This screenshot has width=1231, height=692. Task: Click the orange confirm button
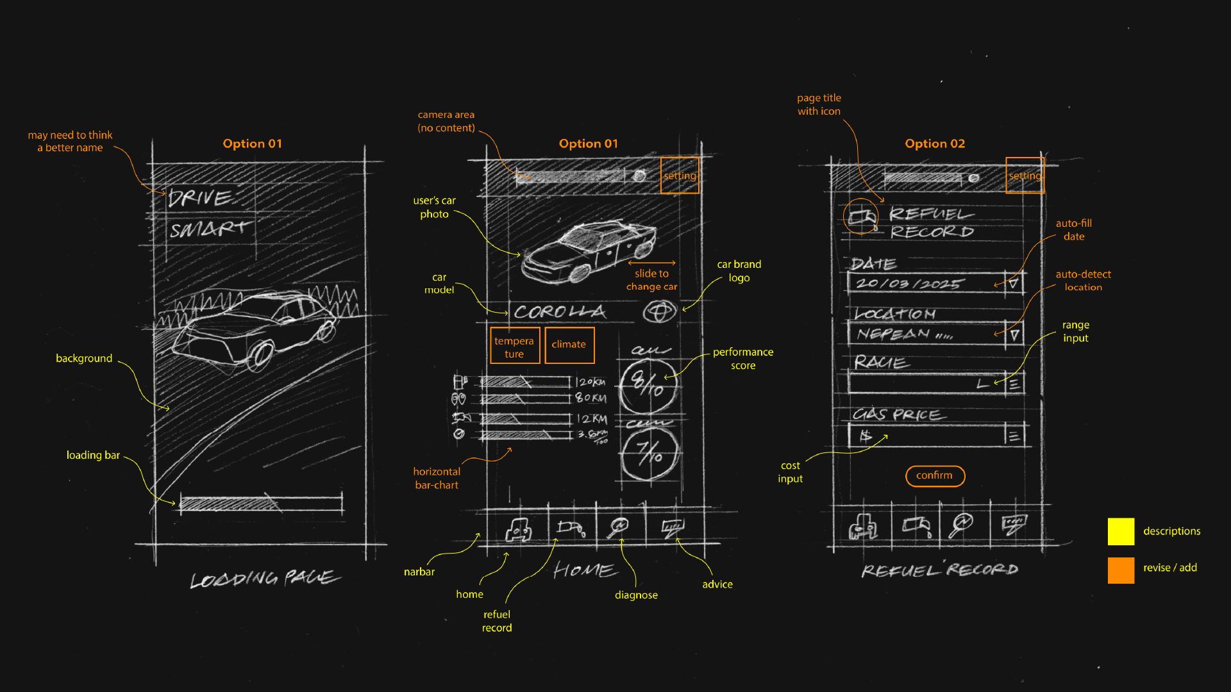(935, 476)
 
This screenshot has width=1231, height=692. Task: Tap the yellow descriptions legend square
(1121, 532)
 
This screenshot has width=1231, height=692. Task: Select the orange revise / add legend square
(1121, 570)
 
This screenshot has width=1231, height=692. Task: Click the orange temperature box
(515, 346)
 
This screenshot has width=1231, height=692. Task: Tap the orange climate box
(569, 345)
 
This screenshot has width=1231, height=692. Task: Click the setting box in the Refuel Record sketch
(1025, 176)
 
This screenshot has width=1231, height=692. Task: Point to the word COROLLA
(560, 312)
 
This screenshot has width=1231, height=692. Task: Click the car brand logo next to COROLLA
(660, 312)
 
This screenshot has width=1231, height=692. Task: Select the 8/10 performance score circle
(648, 386)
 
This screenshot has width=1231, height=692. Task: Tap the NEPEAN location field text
(894, 334)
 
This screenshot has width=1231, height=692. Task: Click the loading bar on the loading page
(261, 503)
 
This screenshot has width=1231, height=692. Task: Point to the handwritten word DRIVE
(200, 197)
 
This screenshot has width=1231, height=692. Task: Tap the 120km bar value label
(590, 382)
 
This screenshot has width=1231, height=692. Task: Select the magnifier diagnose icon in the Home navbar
(619, 527)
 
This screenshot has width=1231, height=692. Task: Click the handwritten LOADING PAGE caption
(265, 579)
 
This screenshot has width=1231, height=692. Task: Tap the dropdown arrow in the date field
(1013, 283)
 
